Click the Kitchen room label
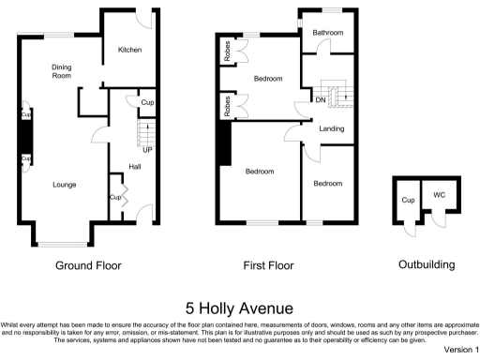point(128,50)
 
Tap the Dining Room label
point(62,71)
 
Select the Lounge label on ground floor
point(64,184)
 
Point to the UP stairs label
point(147,149)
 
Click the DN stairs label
point(320,99)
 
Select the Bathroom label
point(328,33)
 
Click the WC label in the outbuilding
point(438,196)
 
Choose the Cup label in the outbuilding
point(408,200)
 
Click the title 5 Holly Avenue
point(240,307)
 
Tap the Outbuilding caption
point(427,265)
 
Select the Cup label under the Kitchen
point(146,102)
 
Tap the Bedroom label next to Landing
point(329,184)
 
